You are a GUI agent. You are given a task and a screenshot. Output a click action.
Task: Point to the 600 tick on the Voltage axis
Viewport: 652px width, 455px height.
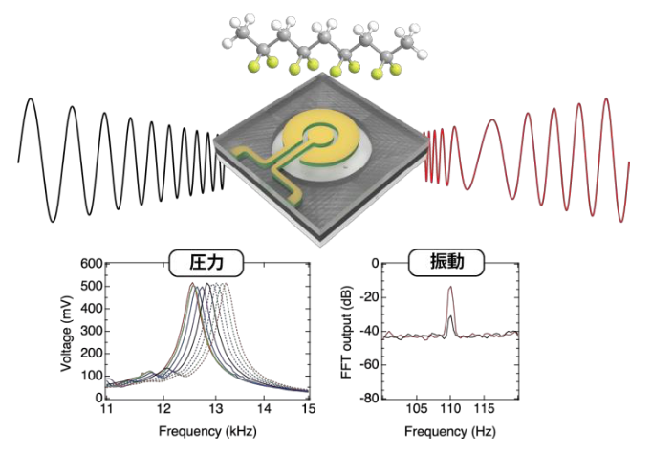pyautogui.click(x=90, y=264)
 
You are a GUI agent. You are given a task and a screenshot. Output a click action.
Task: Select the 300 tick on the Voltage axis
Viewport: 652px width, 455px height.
pyautogui.click(x=90, y=331)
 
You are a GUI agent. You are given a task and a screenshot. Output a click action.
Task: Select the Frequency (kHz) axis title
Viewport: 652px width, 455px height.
pyautogui.click(x=207, y=429)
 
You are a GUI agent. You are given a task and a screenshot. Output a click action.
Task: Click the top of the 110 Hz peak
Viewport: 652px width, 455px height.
pyautogui.click(x=449, y=287)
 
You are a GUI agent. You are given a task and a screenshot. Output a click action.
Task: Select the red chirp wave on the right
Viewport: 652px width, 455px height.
pyautogui.click(x=535, y=153)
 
